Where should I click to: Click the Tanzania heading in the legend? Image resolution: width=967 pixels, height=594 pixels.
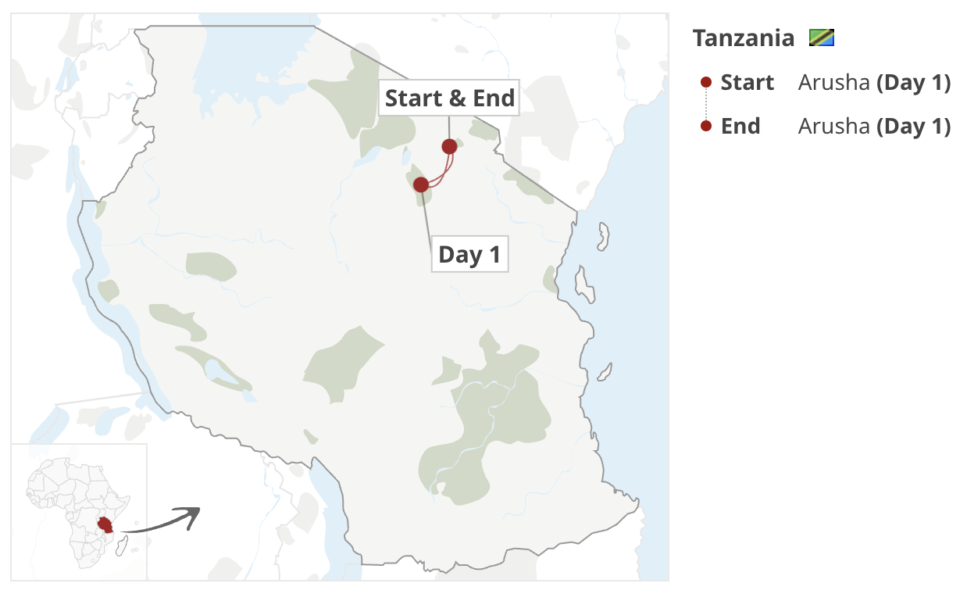pos(743,38)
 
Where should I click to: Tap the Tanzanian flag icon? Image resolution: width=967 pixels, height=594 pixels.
pos(822,38)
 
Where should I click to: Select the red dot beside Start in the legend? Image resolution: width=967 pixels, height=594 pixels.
pos(706,82)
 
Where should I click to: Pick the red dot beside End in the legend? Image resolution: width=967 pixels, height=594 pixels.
pos(706,126)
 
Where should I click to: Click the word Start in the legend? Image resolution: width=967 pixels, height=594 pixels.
pos(748,83)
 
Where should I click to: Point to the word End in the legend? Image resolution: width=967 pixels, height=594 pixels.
pos(740,127)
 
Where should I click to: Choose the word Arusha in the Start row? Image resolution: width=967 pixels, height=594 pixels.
pos(833,83)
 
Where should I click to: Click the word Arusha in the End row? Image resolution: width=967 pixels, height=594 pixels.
pos(833,127)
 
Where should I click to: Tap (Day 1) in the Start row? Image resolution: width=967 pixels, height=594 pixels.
pos(913,83)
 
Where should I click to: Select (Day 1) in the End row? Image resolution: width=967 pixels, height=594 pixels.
pos(913,127)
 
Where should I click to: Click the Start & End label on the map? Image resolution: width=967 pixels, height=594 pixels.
pos(449,98)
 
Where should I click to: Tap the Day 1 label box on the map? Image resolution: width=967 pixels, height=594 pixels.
pos(469,254)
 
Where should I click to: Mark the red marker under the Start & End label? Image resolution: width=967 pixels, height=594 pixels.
pos(449,146)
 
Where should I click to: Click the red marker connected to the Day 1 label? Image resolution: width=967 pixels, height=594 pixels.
pos(421,184)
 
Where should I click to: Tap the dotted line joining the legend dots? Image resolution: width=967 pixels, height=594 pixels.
pos(706,104)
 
